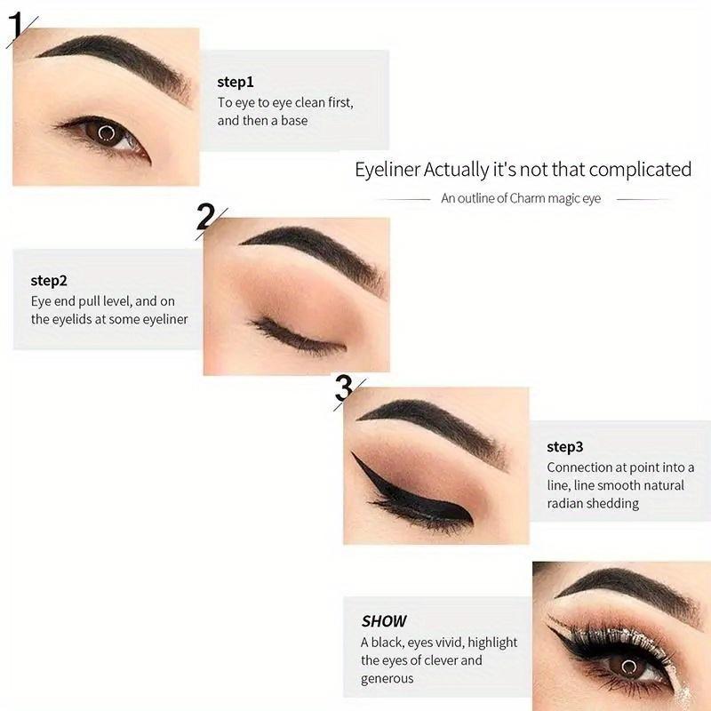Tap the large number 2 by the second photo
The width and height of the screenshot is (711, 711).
click(x=205, y=216)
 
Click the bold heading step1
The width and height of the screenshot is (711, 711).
click(x=236, y=82)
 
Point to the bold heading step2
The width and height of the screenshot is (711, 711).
click(x=49, y=281)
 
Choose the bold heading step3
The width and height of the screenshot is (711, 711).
click(x=565, y=447)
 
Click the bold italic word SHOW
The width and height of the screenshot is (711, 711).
click(x=384, y=621)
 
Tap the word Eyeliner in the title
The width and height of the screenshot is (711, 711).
click(x=387, y=170)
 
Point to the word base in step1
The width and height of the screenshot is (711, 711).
click(x=294, y=120)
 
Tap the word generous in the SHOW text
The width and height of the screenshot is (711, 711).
click(x=387, y=679)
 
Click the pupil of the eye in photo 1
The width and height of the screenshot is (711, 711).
click(x=105, y=134)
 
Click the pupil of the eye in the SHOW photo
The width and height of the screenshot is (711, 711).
click(x=629, y=666)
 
